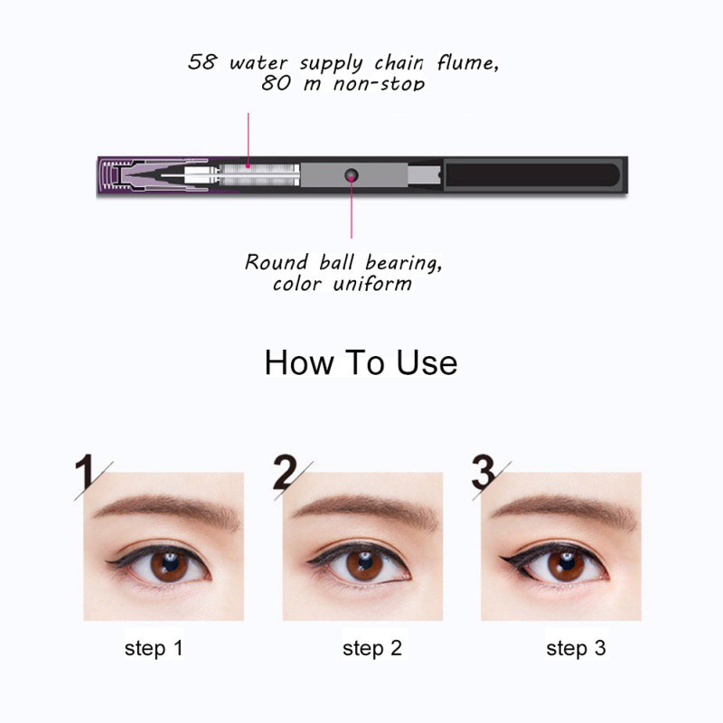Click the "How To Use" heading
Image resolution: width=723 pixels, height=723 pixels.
(x=361, y=362)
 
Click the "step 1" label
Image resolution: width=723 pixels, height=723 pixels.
(x=154, y=648)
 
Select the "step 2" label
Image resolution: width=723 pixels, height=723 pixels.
(x=371, y=648)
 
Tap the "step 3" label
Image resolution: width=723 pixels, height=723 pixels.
(x=575, y=648)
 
